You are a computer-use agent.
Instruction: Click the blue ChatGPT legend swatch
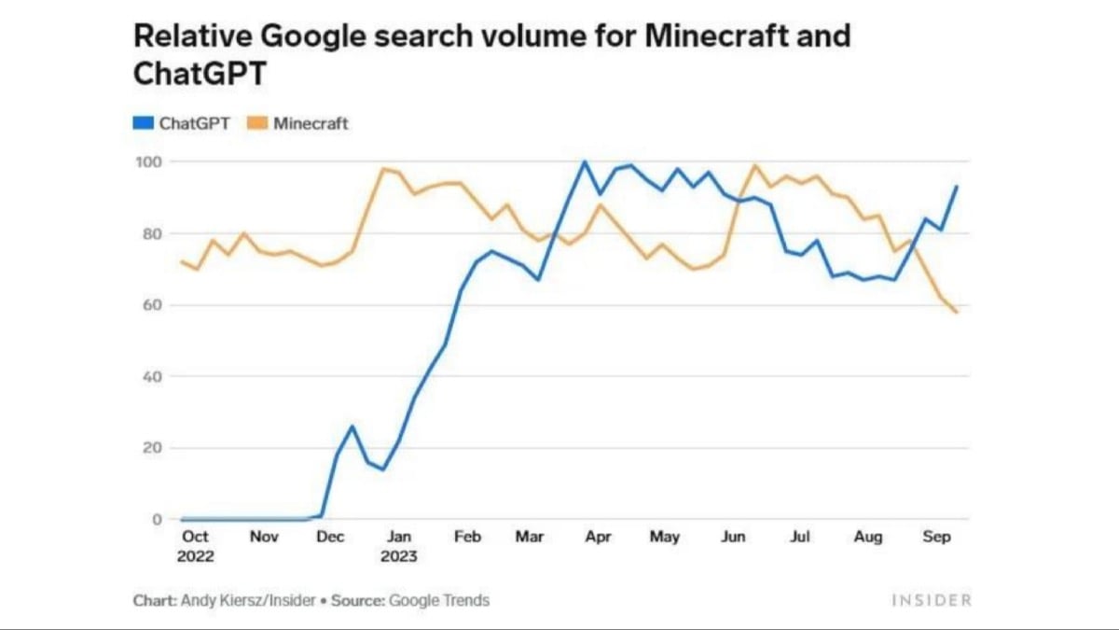(x=144, y=123)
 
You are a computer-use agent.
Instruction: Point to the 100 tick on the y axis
(x=150, y=162)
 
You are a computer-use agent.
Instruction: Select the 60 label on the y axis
(x=153, y=305)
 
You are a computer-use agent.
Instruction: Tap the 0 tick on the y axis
(x=158, y=520)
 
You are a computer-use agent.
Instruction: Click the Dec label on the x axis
(x=330, y=538)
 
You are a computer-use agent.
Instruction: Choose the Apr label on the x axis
(x=598, y=538)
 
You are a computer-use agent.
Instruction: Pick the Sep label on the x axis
(x=936, y=538)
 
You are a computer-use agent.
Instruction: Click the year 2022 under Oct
(x=196, y=557)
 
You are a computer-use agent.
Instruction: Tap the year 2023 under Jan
(x=399, y=557)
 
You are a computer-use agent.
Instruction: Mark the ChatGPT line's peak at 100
(x=585, y=161)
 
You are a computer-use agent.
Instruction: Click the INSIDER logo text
(x=931, y=600)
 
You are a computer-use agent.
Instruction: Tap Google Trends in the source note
(x=439, y=600)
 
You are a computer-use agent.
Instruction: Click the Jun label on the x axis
(x=733, y=538)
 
